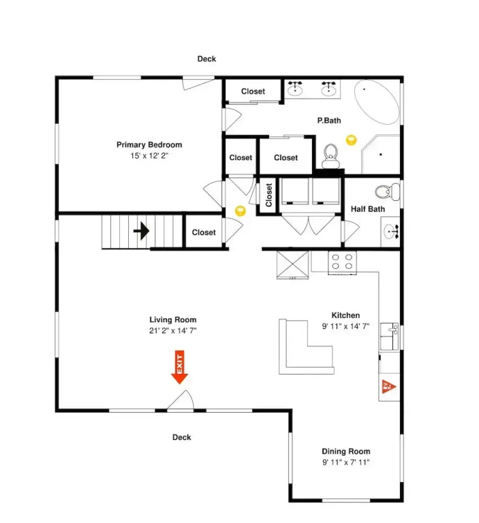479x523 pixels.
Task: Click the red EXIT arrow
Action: point(180,367)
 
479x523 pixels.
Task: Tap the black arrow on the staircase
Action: point(141,231)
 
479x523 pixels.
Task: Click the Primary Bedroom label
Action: point(149,145)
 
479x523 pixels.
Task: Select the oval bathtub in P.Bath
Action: point(377,101)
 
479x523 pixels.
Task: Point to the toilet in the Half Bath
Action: point(387,191)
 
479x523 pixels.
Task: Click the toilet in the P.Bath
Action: point(330,156)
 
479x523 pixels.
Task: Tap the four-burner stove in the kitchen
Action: point(342,262)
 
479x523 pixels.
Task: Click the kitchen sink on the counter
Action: point(389,336)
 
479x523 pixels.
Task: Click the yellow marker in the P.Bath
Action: point(351,140)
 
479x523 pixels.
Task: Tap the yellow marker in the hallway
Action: point(241,211)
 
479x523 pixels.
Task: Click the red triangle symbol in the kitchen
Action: point(388,387)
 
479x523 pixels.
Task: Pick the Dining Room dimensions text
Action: point(346,462)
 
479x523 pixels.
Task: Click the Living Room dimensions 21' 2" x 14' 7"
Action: point(173,330)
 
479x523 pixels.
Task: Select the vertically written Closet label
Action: point(268,195)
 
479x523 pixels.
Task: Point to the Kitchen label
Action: point(345,315)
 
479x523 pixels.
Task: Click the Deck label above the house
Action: point(206,59)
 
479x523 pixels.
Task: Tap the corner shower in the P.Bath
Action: point(380,154)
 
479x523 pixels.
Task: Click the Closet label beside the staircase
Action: point(204,232)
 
